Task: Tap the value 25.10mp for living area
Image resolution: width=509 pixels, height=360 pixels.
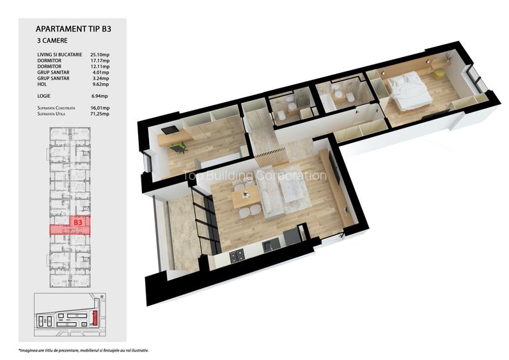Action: (x=100, y=56)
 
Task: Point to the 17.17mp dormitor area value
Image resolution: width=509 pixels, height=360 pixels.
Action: (x=100, y=61)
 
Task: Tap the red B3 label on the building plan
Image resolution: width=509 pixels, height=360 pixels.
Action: (x=78, y=223)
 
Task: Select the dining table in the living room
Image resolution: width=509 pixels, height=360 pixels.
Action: (x=244, y=197)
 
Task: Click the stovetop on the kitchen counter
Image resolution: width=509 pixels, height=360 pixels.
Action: (x=237, y=255)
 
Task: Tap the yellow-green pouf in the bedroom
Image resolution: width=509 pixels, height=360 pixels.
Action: (x=439, y=74)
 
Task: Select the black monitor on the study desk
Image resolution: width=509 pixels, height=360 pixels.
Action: (x=168, y=131)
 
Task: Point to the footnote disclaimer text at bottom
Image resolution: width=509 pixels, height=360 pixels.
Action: (x=88, y=350)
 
